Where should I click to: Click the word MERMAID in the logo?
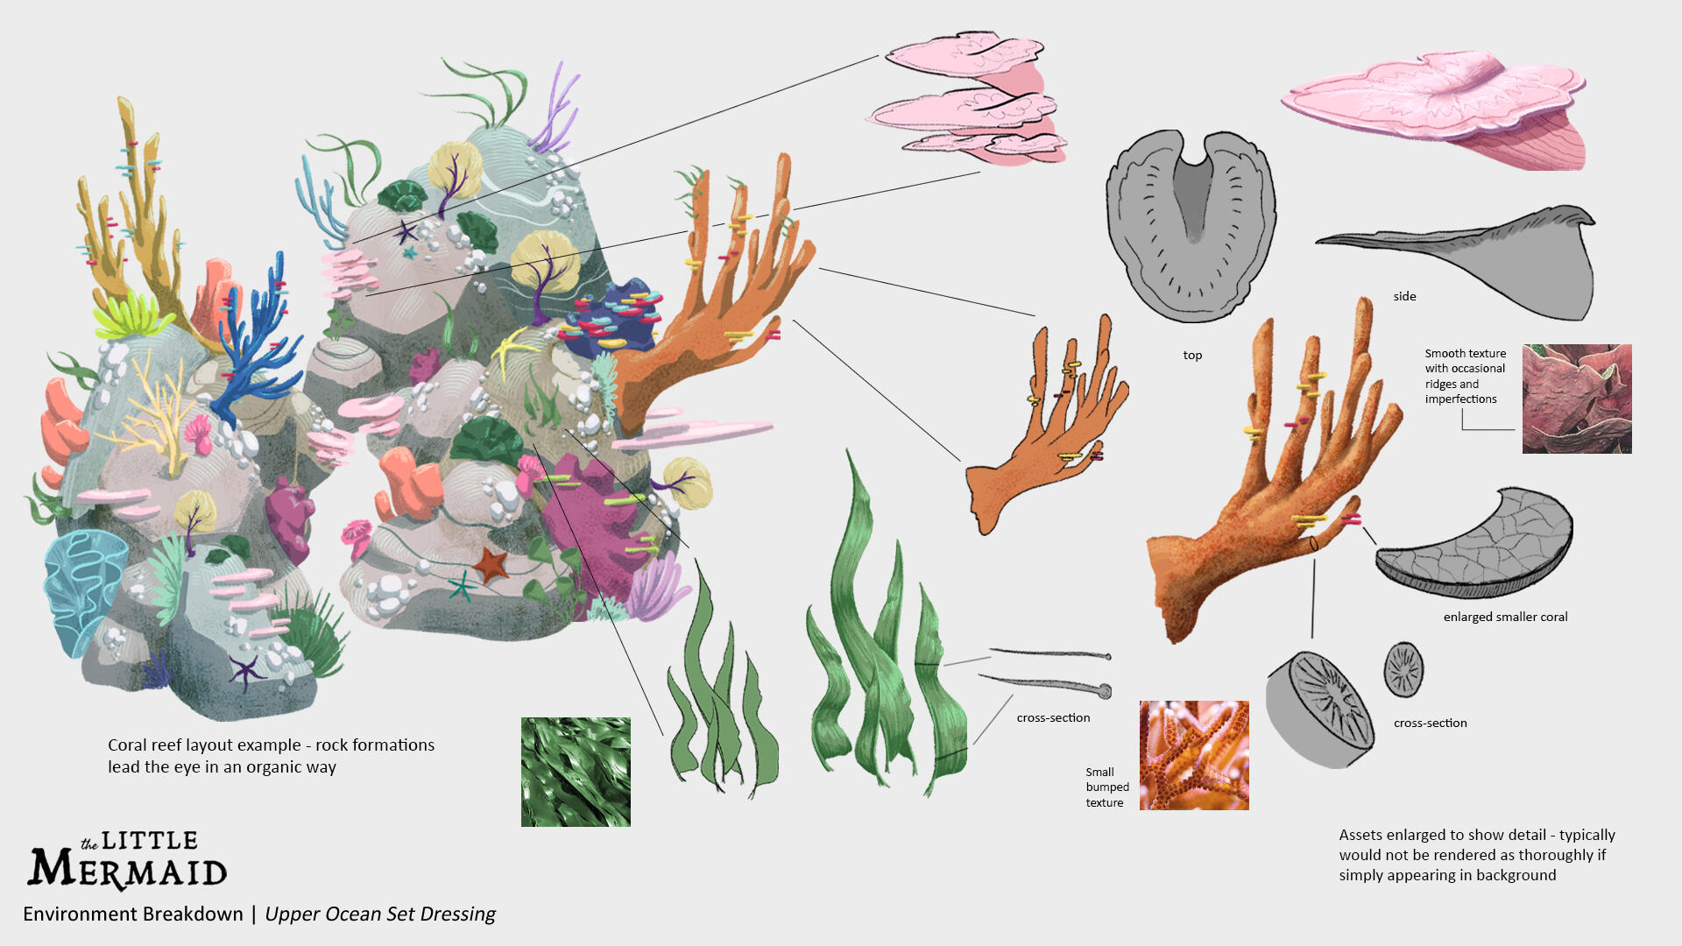pos(128,869)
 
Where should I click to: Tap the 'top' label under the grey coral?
pos(1192,356)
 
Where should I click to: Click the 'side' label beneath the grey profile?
pos(1404,297)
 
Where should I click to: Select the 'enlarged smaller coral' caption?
pos(1505,617)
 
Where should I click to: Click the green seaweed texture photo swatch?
pos(576,772)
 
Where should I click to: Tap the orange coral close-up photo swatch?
pos(1194,755)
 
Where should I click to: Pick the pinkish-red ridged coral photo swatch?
pos(1577,399)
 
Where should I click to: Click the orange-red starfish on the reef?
pos(491,563)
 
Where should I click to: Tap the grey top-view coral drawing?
pos(1191,226)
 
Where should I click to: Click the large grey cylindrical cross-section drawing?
pos(1320,709)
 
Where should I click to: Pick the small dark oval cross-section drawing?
pos(1403,670)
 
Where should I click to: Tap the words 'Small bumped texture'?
pos(1106,787)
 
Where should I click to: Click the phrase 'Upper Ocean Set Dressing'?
pos(380,914)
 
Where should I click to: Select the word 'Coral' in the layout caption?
pos(127,745)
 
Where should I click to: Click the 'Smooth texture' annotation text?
pos(1465,354)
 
